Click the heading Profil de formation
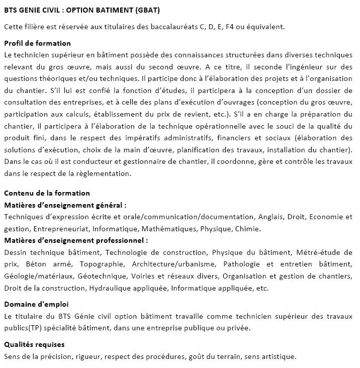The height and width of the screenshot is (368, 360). click(37, 43)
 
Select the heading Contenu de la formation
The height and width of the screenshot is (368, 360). click(47, 193)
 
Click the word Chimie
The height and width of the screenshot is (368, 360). click(249, 229)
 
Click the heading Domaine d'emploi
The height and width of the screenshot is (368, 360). click(36, 304)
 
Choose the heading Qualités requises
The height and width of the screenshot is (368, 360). click(34, 344)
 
